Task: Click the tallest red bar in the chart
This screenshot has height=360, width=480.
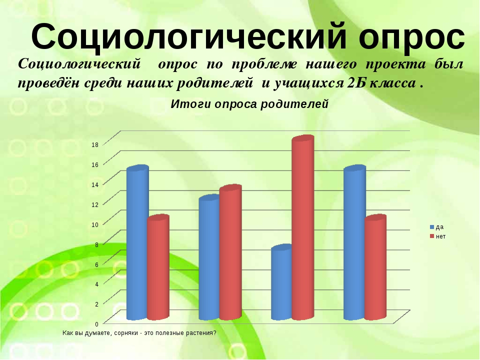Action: coord(303,227)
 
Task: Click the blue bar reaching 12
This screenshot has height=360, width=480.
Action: coord(209,257)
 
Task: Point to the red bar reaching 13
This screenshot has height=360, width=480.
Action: coord(230,252)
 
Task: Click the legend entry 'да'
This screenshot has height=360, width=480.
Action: coord(437,227)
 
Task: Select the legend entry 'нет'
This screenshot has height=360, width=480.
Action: coord(438,236)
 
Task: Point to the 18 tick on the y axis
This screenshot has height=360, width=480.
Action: coord(95,145)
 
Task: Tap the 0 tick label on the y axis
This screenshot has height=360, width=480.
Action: coord(96,324)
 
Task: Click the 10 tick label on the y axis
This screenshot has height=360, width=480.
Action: coord(95,224)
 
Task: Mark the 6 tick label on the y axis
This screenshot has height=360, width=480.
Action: coord(96,264)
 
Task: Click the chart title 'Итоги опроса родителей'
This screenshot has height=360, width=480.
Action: coord(249,104)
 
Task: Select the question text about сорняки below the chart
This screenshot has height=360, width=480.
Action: coord(139,333)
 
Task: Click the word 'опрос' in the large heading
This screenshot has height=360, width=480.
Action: coord(412,36)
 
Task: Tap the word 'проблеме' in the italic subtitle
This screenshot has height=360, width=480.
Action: coord(264,65)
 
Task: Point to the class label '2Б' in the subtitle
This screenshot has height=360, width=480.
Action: coord(356,83)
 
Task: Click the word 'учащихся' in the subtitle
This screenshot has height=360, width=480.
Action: coord(308,83)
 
